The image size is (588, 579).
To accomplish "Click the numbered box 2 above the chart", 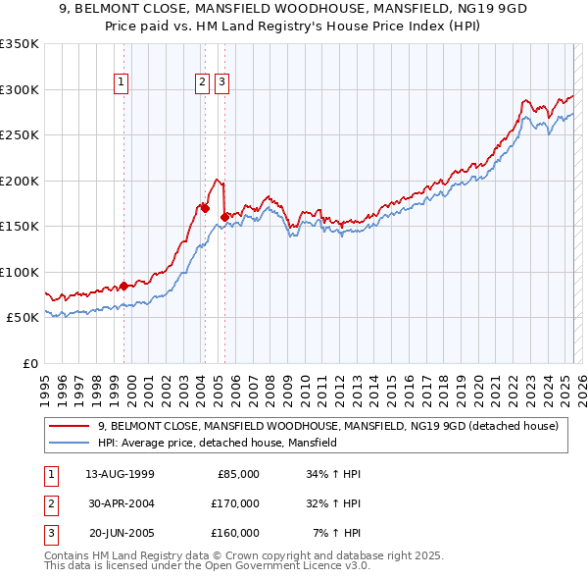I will point(202,83).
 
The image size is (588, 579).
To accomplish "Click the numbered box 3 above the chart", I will point(222,83).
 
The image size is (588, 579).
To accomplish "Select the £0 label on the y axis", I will point(30,363).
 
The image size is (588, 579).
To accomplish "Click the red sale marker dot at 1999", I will point(124,286).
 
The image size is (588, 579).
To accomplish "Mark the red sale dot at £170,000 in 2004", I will point(205,208).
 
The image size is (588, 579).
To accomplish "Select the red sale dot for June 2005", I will point(224,217).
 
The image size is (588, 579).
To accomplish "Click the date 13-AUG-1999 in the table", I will point(120,474).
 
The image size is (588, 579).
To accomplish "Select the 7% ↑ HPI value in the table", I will point(336,533).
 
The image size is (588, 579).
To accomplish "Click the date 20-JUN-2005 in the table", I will point(120,533).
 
